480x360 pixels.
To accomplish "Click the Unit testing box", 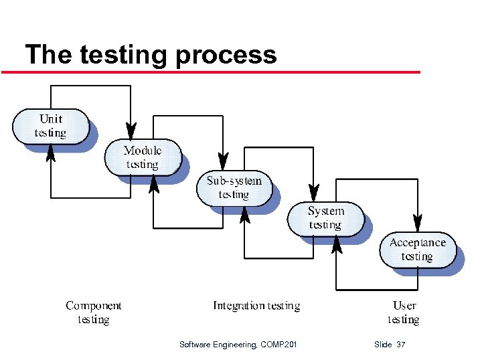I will coord(51,126).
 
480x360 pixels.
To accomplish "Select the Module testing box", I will coord(142,157).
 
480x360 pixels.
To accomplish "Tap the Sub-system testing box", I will coord(234,187).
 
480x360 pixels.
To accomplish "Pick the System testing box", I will coord(325,218).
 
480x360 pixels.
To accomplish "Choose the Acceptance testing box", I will coord(417,249).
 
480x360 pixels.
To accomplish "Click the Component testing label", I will coord(93,312).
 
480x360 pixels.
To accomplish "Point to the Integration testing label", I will coord(256,306).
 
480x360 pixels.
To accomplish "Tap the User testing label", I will coord(403,312).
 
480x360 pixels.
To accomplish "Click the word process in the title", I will coord(226,54).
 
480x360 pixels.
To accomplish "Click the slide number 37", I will coord(401,345).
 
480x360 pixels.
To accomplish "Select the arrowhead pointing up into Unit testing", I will coord(51,153).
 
